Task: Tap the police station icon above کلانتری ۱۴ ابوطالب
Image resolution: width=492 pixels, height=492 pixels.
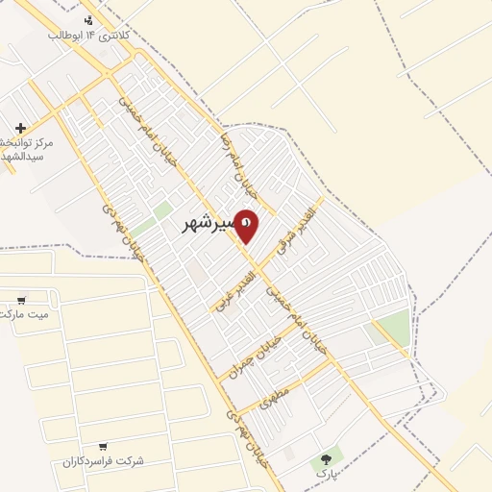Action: click(x=89, y=20)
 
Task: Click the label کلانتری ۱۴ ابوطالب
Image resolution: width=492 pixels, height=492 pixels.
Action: click(x=89, y=35)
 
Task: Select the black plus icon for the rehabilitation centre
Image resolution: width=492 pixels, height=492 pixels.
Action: click(x=20, y=128)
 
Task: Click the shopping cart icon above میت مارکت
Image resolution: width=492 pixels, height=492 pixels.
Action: click(x=21, y=299)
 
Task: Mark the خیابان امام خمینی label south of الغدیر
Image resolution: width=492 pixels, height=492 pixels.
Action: click(x=297, y=323)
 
